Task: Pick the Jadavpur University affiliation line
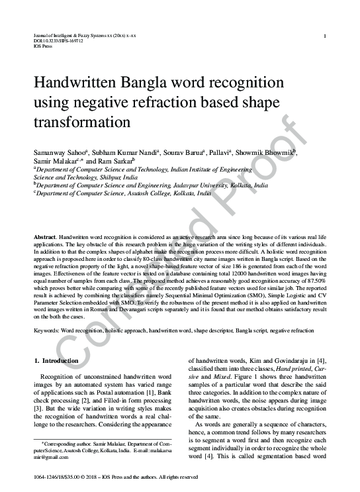click(x=152, y=186)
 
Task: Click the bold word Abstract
click(x=44, y=237)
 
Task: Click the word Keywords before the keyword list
click(x=48, y=329)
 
